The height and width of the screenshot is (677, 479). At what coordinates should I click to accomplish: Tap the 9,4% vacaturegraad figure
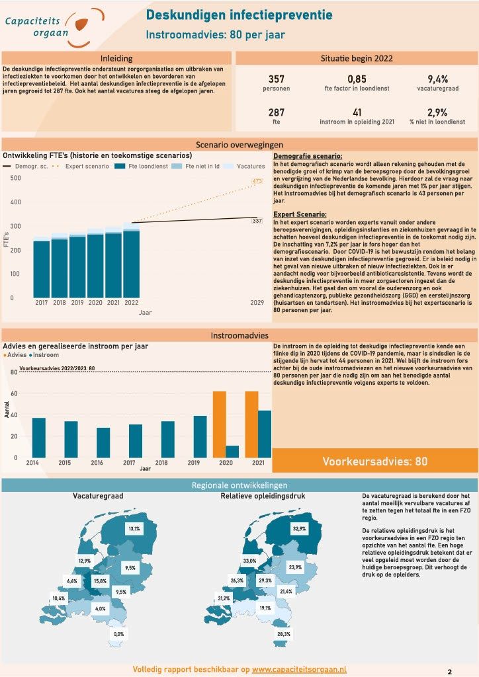point(437,79)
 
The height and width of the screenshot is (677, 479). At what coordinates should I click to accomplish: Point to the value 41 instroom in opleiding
point(357,112)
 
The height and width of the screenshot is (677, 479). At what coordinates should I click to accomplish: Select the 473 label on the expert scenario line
point(257,181)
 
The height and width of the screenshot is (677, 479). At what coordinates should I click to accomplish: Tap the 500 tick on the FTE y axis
point(15,178)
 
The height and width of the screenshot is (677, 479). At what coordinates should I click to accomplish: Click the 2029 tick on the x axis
point(258,302)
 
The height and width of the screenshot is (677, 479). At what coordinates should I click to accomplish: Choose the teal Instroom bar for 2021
point(265,433)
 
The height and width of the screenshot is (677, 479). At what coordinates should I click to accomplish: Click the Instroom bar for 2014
point(39,437)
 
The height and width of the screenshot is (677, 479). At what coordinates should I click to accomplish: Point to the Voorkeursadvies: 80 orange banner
point(374,461)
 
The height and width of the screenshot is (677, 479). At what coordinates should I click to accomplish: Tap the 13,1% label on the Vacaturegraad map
point(134,529)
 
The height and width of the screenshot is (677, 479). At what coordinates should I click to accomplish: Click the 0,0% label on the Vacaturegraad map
point(119,634)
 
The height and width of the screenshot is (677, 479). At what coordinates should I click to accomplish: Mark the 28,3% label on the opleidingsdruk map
point(284,634)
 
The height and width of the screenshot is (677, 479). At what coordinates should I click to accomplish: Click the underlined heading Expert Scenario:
point(299,214)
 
